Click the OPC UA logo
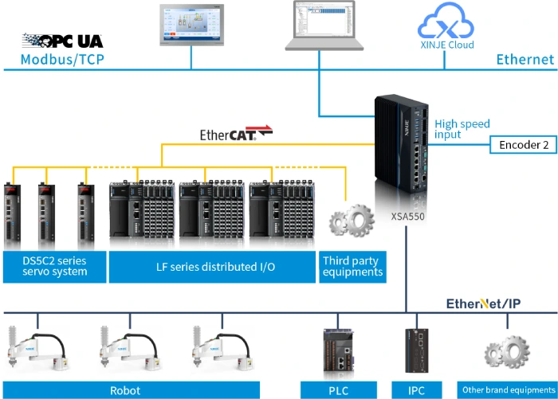click(x=62, y=40)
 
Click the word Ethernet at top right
click(x=525, y=59)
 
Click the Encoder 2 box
click(x=523, y=144)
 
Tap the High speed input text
click(x=462, y=129)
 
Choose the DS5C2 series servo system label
click(x=54, y=266)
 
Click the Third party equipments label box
click(x=352, y=266)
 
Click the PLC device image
click(x=339, y=350)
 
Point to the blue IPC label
click(x=416, y=390)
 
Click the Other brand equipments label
click(x=508, y=390)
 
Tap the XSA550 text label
click(x=407, y=215)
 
